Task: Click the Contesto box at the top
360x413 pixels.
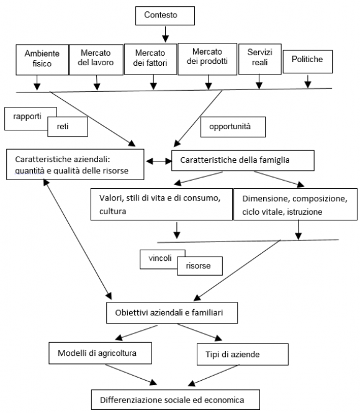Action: [x=165, y=16]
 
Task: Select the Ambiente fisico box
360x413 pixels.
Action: [x=42, y=60]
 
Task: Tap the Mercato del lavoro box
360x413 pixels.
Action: [x=96, y=60]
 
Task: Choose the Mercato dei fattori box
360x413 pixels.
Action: [x=150, y=59]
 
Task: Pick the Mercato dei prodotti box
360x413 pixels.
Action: [x=207, y=59]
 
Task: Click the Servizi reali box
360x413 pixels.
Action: [x=259, y=59]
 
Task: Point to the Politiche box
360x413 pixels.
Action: [x=308, y=61]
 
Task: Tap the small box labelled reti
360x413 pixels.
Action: [x=68, y=127]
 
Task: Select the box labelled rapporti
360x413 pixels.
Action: [x=27, y=116]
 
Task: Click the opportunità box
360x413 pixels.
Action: [x=233, y=127]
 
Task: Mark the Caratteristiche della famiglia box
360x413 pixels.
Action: [x=243, y=160]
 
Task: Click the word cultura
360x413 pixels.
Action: [x=112, y=211]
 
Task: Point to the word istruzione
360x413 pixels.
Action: [x=305, y=212]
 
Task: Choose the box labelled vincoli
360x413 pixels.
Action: [x=160, y=258]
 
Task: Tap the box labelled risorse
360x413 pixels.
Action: [x=200, y=266]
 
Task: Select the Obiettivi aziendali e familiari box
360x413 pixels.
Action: [x=172, y=312]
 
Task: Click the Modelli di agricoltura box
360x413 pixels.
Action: [x=101, y=353]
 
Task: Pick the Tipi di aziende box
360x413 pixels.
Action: [x=243, y=354]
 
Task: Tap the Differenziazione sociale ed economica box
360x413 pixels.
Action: [x=176, y=399]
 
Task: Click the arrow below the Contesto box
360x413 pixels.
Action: [x=165, y=34]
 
